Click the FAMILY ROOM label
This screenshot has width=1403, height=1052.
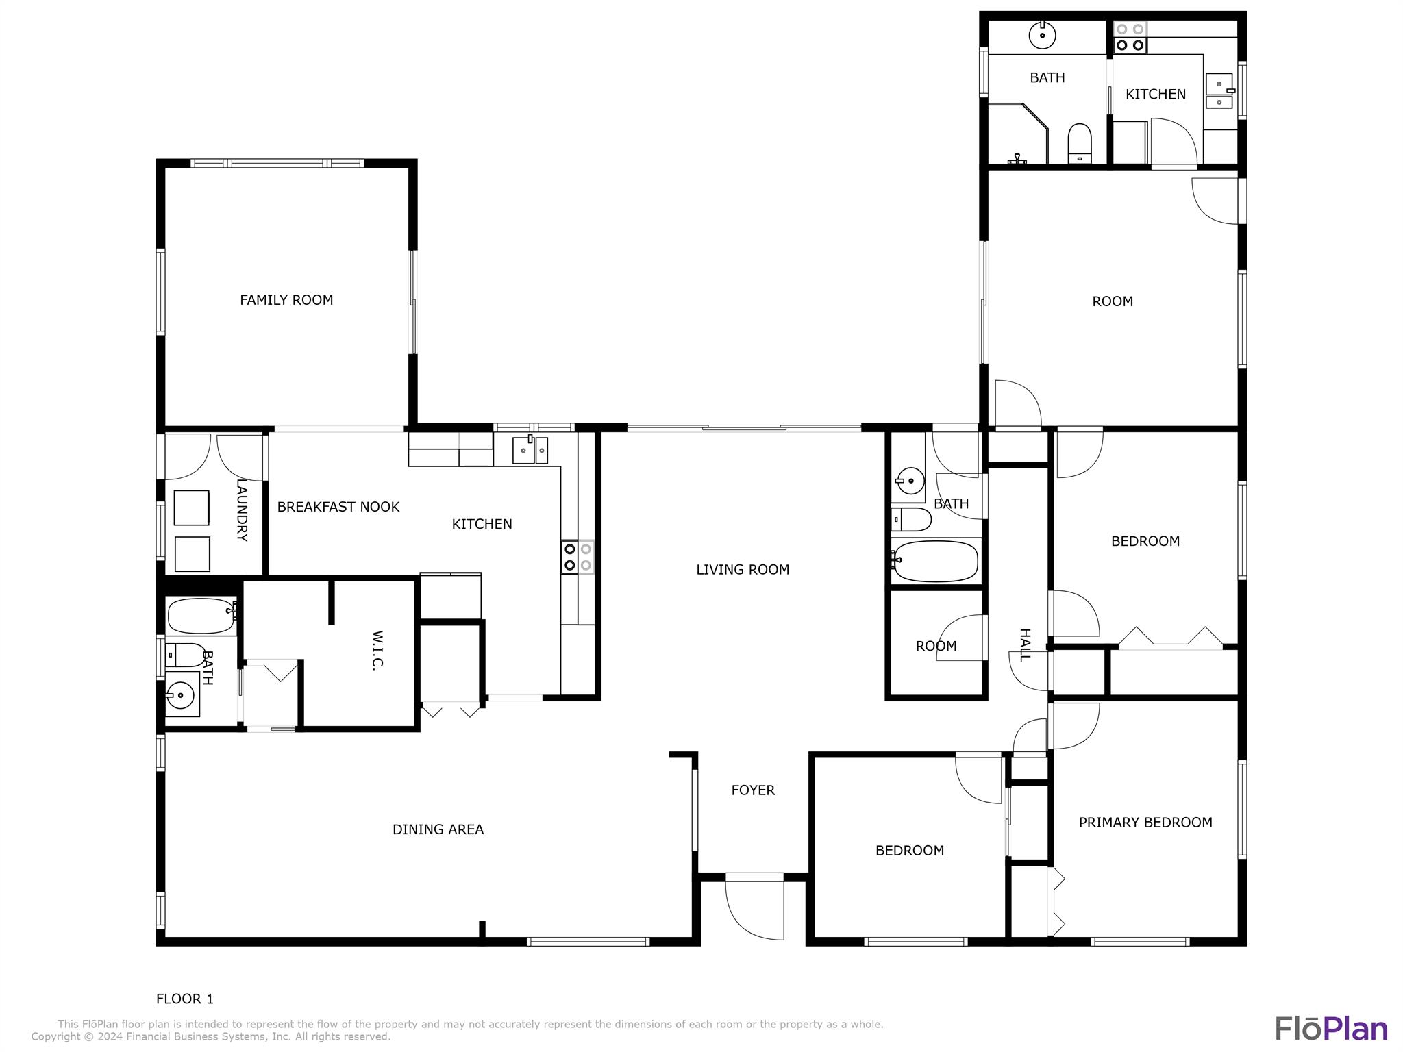click(286, 300)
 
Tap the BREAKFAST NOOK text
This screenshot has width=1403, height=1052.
click(338, 507)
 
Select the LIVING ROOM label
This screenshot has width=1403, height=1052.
click(743, 570)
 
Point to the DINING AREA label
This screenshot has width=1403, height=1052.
click(438, 829)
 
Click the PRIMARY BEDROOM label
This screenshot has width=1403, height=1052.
click(1145, 823)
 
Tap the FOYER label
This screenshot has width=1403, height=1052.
click(753, 790)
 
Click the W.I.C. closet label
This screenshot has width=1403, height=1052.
click(377, 651)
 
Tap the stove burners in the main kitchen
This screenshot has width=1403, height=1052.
click(578, 557)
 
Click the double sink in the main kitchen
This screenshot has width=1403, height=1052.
click(530, 450)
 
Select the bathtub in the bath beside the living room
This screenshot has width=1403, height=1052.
click(935, 562)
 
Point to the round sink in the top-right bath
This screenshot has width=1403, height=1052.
click(1042, 35)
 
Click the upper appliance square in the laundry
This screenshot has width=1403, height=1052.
click(191, 508)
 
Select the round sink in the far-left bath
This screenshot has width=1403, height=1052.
click(180, 695)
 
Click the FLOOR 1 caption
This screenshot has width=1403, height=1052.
click(185, 999)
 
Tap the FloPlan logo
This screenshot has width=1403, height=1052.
click(1331, 1028)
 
